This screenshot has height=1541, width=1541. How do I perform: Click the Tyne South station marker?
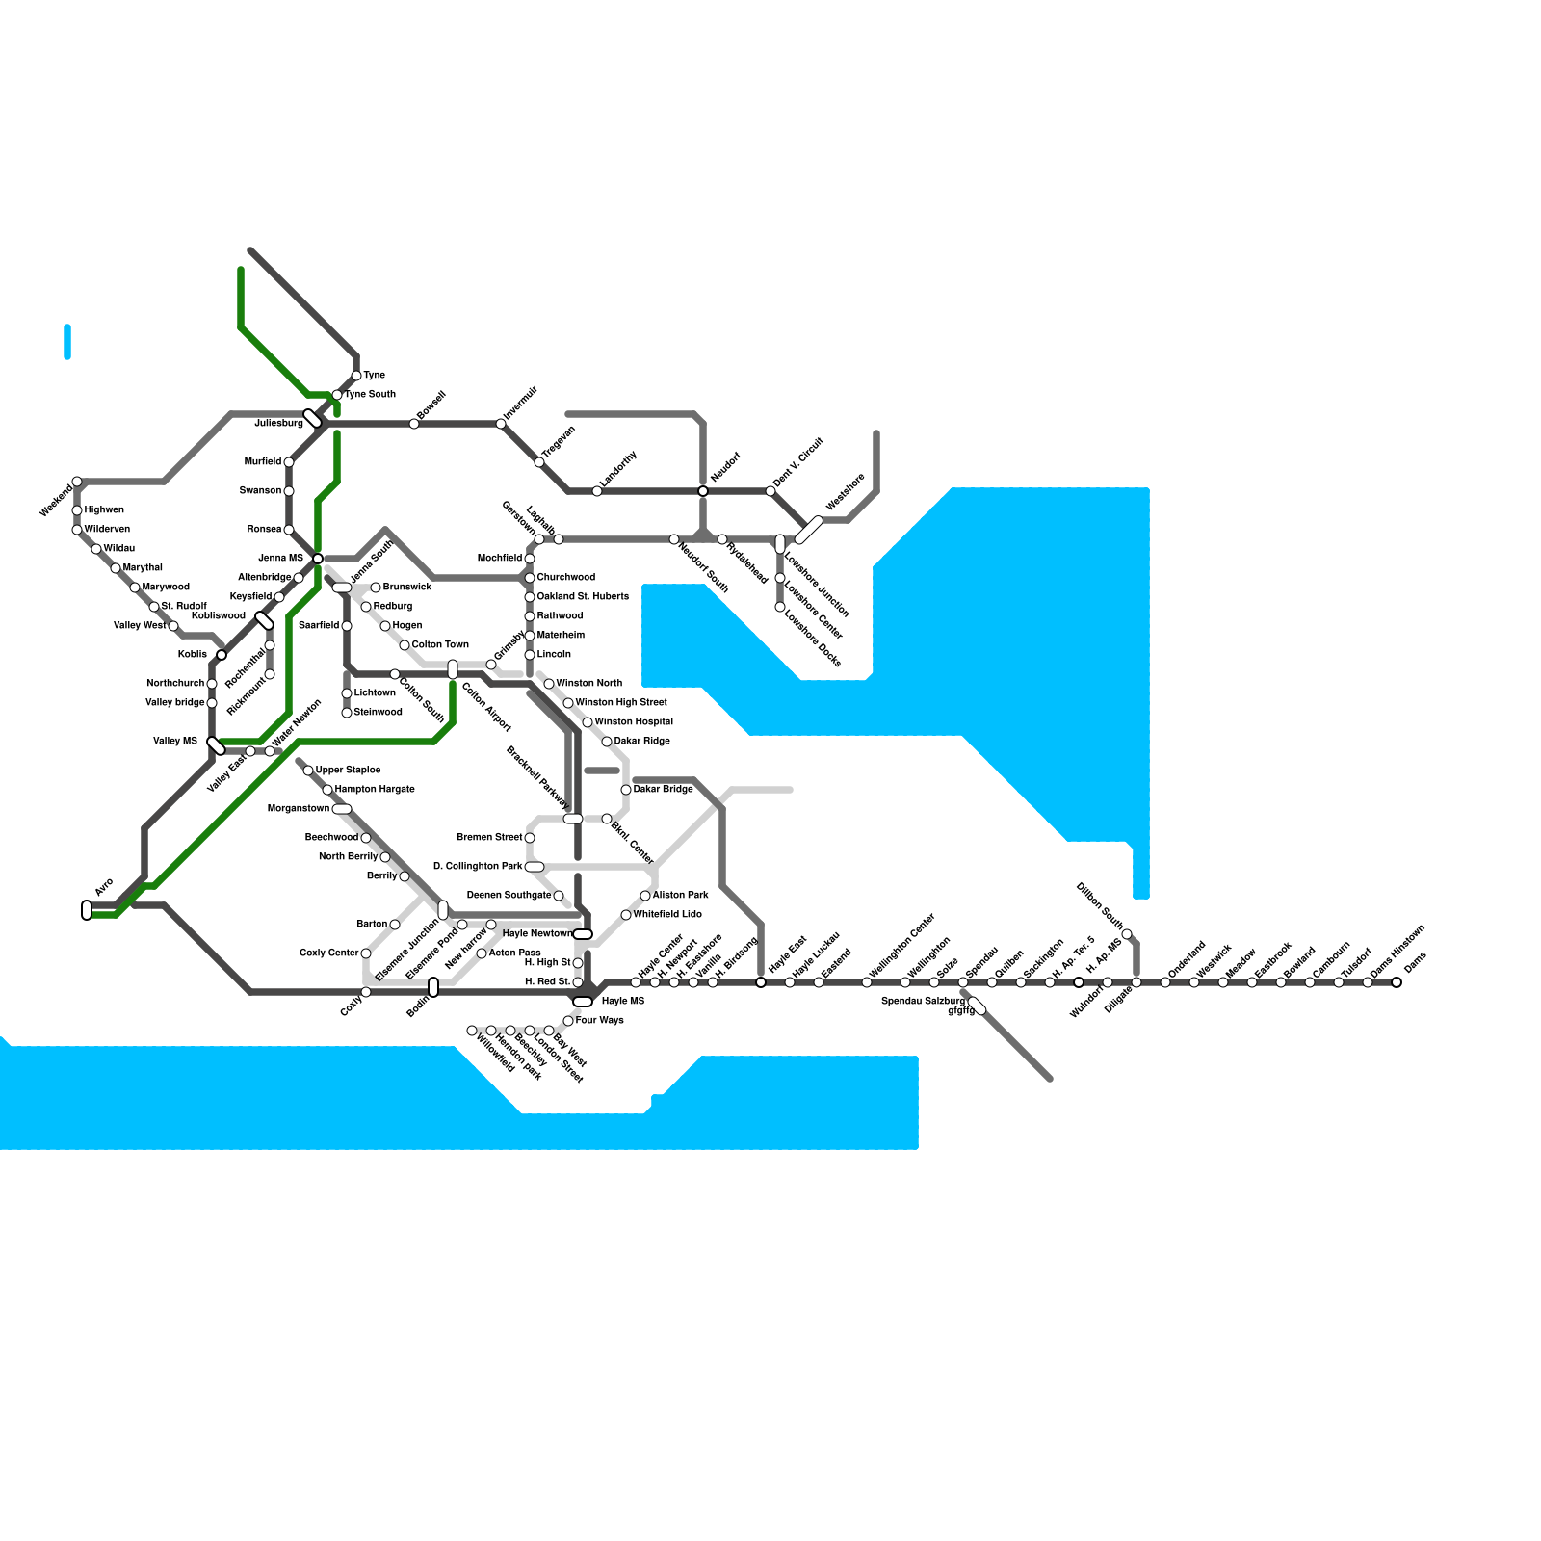pyautogui.click(x=337, y=395)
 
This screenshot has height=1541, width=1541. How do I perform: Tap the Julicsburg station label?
pyautogui.click(x=278, y=423)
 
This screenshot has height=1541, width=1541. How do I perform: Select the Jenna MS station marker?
pyautogui.click(x=318, y=559)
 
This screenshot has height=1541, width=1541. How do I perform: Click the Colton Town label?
pyautogui.click(x=440, y=644)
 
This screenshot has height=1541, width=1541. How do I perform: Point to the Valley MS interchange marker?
pyautogui.click(x=216, y=745)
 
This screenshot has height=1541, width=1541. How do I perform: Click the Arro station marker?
pyautogui.click(x=87, y=910)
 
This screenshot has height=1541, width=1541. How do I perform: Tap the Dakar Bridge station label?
pyautogui.click(x=663, y=789)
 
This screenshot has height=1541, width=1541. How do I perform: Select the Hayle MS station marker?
pyautogui.click(x=583, y=1002)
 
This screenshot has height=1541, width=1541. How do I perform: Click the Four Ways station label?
pyautogui.click(x=599, y=1020)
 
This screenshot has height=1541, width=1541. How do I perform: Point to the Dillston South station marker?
pyautogui.click(x=1127, y=934)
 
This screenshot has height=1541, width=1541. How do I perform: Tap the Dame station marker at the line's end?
pyautogui.click(x=1397, y=982)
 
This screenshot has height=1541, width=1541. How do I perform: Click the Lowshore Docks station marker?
pyautogui.click(x=780, y=607)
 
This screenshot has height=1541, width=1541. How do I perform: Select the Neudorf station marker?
pyautogui.click(x=703, y=491)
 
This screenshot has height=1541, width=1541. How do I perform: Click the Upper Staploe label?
pyautogui.click(x=348, y=770)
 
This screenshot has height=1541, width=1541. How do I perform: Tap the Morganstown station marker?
pyautogui.click(x=342, y=809)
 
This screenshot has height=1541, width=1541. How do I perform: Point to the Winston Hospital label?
pyautogui.click(x=634, y=721)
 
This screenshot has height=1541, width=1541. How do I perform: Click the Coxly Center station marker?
pyautogui.click(x=366, y=953)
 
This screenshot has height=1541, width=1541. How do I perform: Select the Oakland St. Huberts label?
pyautogui.click(x=583, y=596)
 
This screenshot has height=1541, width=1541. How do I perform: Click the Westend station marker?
pyautogui.click(x=77, y=482)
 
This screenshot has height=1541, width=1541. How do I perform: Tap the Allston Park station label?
pyautogui.click(x=680, y=895)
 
